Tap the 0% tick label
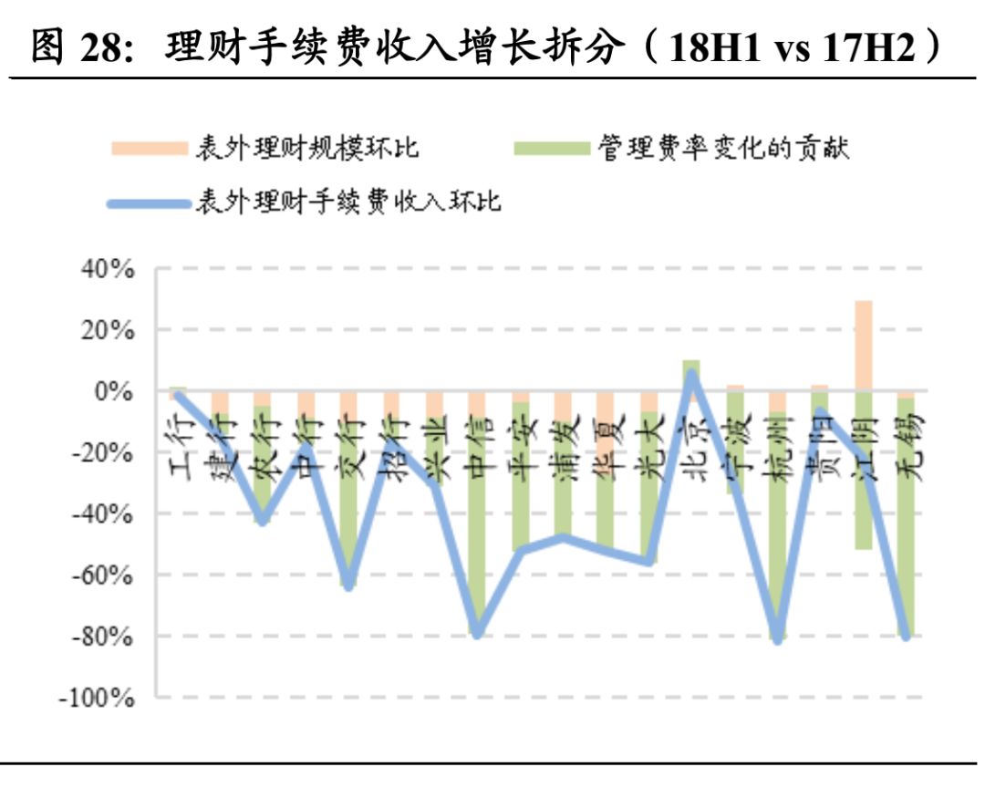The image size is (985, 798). tap(116, 391)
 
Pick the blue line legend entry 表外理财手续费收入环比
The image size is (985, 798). tap(347, 202)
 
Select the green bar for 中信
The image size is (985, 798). tap(476, 547)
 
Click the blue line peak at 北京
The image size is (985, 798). tap(691, 374)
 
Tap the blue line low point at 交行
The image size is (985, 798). tap(347, 585)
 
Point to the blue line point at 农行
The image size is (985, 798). tap(262, 520)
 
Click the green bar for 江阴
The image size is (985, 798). tap(863, 474)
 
